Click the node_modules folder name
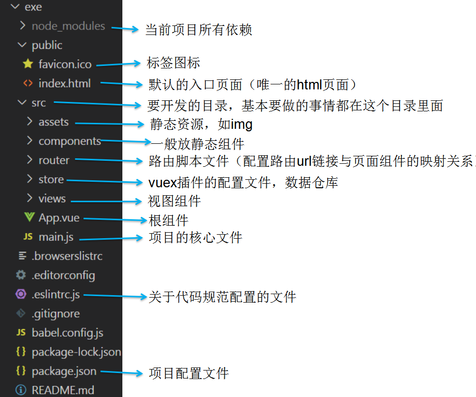tap(68, 26)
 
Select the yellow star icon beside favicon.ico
tap(28, 64)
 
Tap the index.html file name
tap(64, 83)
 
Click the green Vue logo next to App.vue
tap(28, 218)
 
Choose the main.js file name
tap(56, 237)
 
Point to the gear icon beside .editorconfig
tap(21, 275)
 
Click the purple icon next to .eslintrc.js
tap(21, 294)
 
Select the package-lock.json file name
tap(76, 352)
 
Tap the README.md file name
tap(63, 390)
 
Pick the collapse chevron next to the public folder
tap(21, 45)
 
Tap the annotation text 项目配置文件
tap(189, 373)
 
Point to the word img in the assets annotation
tap(241, 124)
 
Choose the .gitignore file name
tap(55, 314)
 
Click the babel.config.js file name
tap(67, 333)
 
